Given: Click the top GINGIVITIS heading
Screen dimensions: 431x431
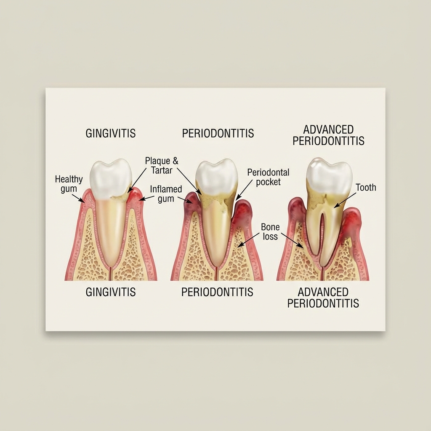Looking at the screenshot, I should coord(111,133).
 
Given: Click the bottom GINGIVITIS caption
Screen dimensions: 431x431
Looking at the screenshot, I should coord(111,292).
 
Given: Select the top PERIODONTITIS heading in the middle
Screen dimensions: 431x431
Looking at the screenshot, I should coord(218,133).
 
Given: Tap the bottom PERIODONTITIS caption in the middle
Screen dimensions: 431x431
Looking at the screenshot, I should coord(217,292).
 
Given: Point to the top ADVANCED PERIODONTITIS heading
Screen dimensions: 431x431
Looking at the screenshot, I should coord(328,135).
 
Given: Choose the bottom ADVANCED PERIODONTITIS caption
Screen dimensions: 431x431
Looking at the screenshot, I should coord(323,297).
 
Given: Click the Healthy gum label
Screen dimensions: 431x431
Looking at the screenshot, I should coord(69,184).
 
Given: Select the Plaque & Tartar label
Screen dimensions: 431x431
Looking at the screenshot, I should coord(162,165).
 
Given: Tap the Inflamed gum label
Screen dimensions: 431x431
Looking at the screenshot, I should coord(166,194).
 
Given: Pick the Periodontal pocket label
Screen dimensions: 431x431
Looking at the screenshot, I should coord(268,177).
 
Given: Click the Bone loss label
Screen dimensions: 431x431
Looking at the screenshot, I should coord(270,231).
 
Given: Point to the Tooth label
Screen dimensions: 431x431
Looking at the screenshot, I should coord(366,187).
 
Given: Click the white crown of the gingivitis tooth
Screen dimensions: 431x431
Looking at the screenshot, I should coord(111,177).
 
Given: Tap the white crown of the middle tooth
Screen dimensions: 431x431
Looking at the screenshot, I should coord(217,177).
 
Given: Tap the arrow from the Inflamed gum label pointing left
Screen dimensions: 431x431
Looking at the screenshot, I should coord(147,197).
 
